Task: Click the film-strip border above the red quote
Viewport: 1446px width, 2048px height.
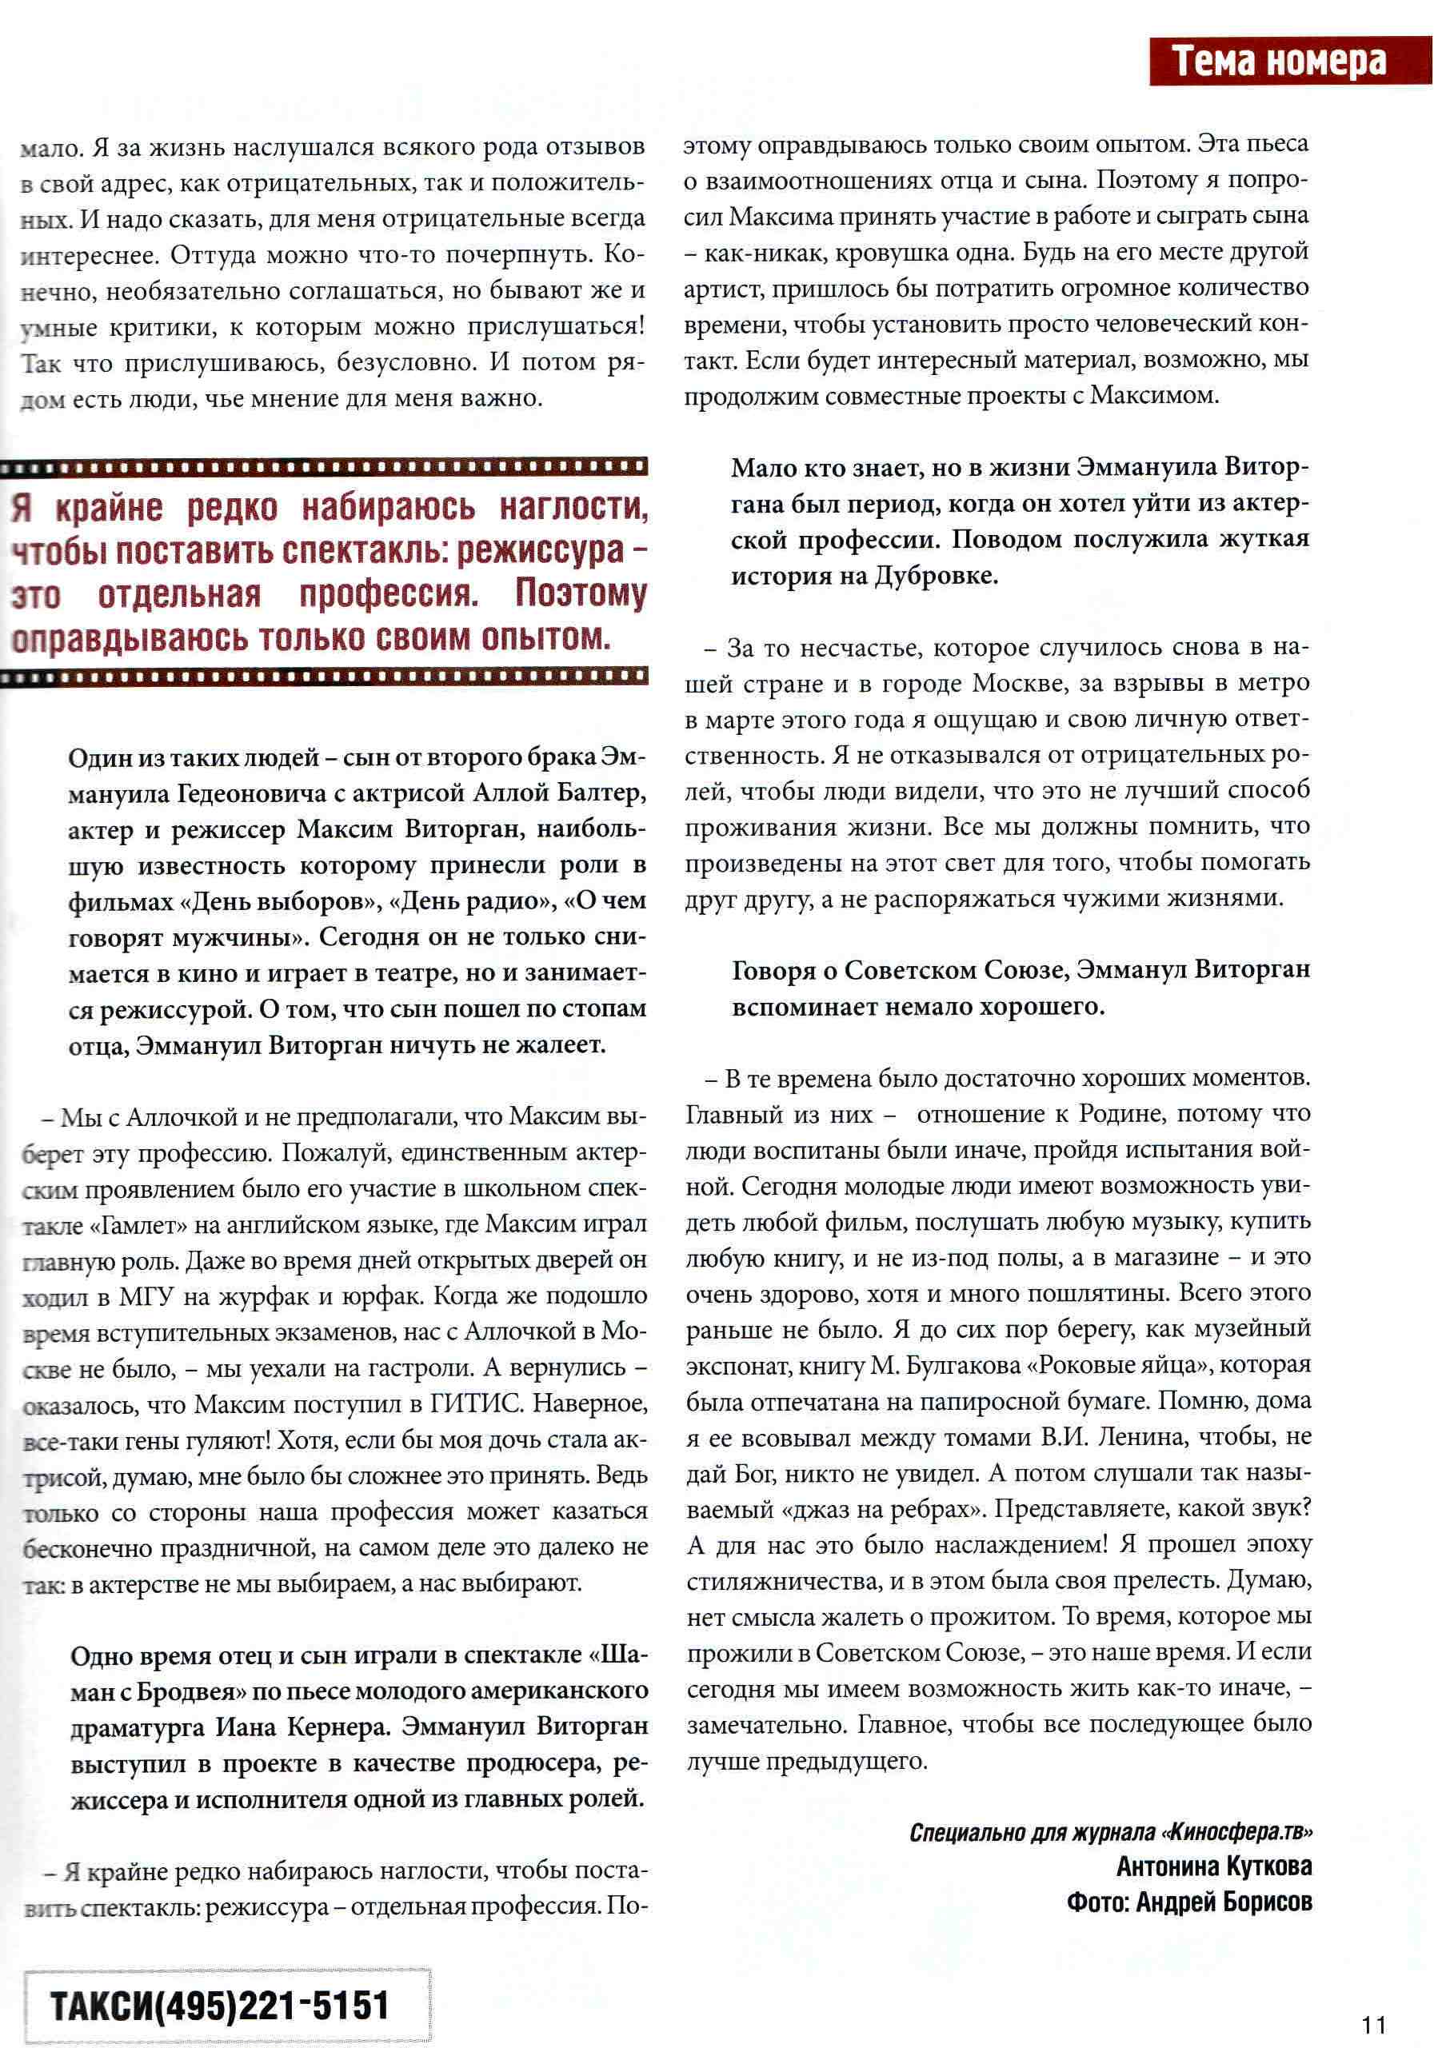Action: coord(325,466)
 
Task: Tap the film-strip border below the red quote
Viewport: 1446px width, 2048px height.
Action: coord(325,678)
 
